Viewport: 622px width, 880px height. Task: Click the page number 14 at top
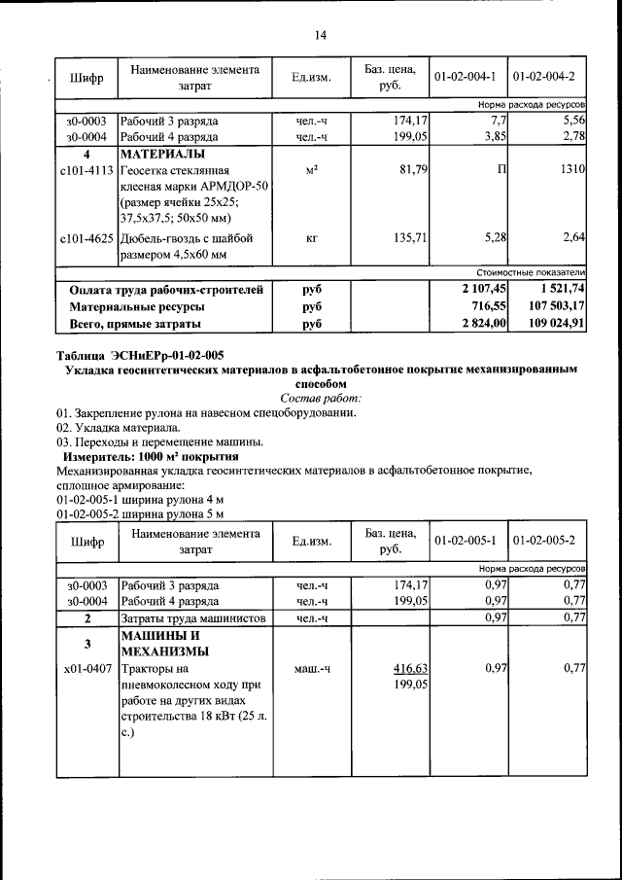pos(320,35)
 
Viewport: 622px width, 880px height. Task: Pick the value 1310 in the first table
pos(570,170)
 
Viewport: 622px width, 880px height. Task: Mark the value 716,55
pos(488,306)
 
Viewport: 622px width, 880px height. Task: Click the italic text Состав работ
pos(320,398)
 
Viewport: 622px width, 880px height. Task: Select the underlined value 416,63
pos(410,669)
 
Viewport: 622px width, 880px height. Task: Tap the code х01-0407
pos(86,669)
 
